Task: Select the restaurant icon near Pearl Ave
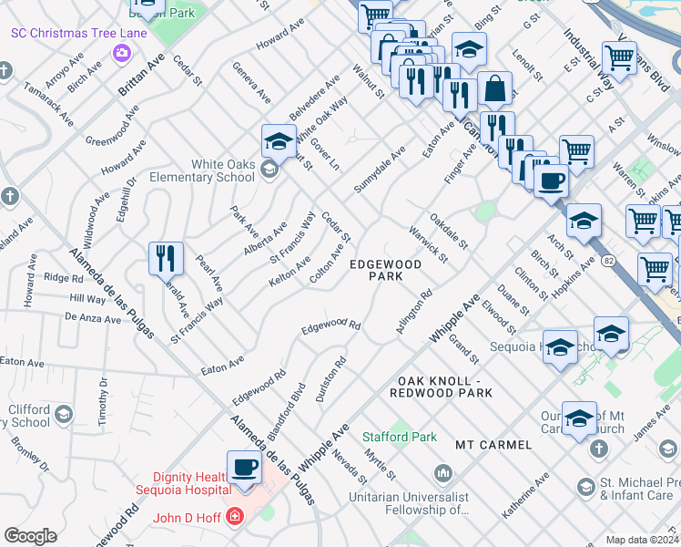166,259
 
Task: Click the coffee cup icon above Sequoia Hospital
243,468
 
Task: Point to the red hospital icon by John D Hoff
235,517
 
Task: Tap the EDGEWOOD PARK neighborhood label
386,271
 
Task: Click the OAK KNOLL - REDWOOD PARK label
441,387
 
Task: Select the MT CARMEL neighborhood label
493,444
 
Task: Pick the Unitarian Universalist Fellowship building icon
443,473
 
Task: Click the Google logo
30,535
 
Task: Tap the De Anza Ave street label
92,319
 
